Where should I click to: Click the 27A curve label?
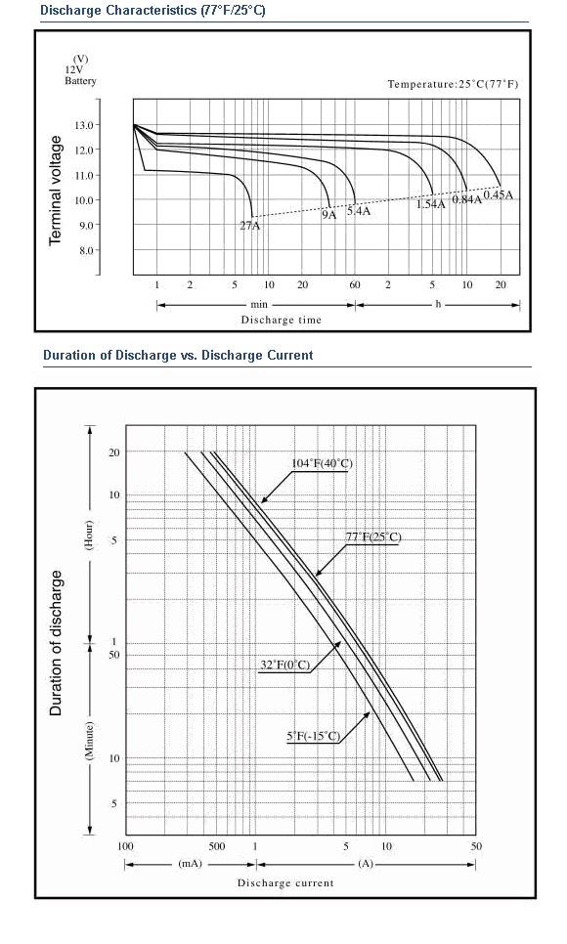pos(250,227)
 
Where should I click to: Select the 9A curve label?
pos(329,215)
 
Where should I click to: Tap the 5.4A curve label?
pos(359,211)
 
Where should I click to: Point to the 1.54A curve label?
pos(431,204)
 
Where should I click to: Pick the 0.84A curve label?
pos(467,199)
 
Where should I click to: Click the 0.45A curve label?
pos(499,194)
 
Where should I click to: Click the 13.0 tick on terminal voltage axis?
pos(84,125)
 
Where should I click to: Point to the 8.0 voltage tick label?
pos(86,250)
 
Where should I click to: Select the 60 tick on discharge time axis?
pos(355,284)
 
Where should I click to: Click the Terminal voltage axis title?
pos(56,191)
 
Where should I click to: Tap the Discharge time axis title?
pos(282,320)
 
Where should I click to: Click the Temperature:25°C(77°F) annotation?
pos(453,84)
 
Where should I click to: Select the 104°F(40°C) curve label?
pos(323,463)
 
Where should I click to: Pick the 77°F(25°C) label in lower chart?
pos(373,536)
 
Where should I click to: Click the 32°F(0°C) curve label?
pos(285,665)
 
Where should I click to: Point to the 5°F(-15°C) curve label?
pos(314,736)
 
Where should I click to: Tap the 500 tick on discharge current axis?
pos(217,846)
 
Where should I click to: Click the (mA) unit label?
pos(191,864)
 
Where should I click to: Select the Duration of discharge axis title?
pos(56,643)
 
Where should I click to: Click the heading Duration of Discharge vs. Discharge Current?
pos(178,355)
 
